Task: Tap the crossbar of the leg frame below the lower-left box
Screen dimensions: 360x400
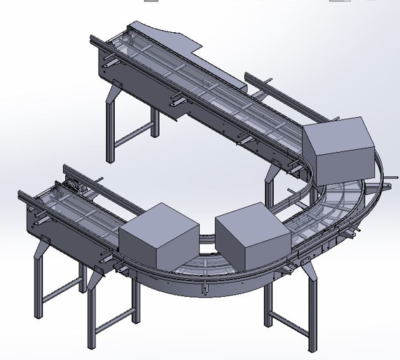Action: (x=112, y=326)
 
